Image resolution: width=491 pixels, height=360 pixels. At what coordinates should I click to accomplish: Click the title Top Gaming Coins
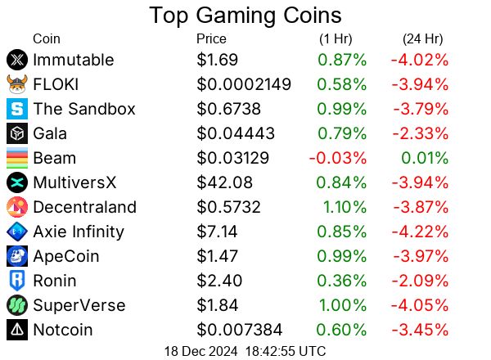(x=245, y=16)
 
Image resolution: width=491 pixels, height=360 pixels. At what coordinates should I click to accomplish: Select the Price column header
(x=212, y=38)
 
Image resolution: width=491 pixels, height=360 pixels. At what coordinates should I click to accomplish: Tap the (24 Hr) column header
(x=422, y=38)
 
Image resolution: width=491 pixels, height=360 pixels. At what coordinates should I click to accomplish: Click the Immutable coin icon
(x=16, y=60)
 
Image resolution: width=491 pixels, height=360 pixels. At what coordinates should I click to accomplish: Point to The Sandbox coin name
(x=84, y=109)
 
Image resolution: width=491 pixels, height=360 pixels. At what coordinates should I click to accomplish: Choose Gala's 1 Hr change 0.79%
(x=342, y=133)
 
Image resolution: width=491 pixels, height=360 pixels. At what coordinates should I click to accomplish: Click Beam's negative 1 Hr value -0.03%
(x=338, y=158)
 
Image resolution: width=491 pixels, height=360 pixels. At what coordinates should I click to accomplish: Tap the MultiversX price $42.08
(x=224, y=182)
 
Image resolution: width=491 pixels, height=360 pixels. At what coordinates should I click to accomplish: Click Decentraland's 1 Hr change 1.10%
(x=342, y=207)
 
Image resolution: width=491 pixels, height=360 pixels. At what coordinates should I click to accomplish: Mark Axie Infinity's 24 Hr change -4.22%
(x=420, y=232)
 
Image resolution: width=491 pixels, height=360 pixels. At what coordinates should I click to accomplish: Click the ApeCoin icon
(x=16, y=256)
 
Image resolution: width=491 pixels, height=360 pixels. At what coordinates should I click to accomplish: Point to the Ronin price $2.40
(x=219, y=281)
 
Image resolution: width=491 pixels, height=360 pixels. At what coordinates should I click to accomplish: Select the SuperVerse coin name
(x=79, y=305)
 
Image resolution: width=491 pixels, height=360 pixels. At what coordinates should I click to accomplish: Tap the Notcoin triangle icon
(x=16, y=330)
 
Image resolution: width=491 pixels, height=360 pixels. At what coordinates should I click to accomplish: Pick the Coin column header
(x=46, y=38)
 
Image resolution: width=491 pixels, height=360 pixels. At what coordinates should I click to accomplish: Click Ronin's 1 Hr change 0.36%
(x=342, y=281)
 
